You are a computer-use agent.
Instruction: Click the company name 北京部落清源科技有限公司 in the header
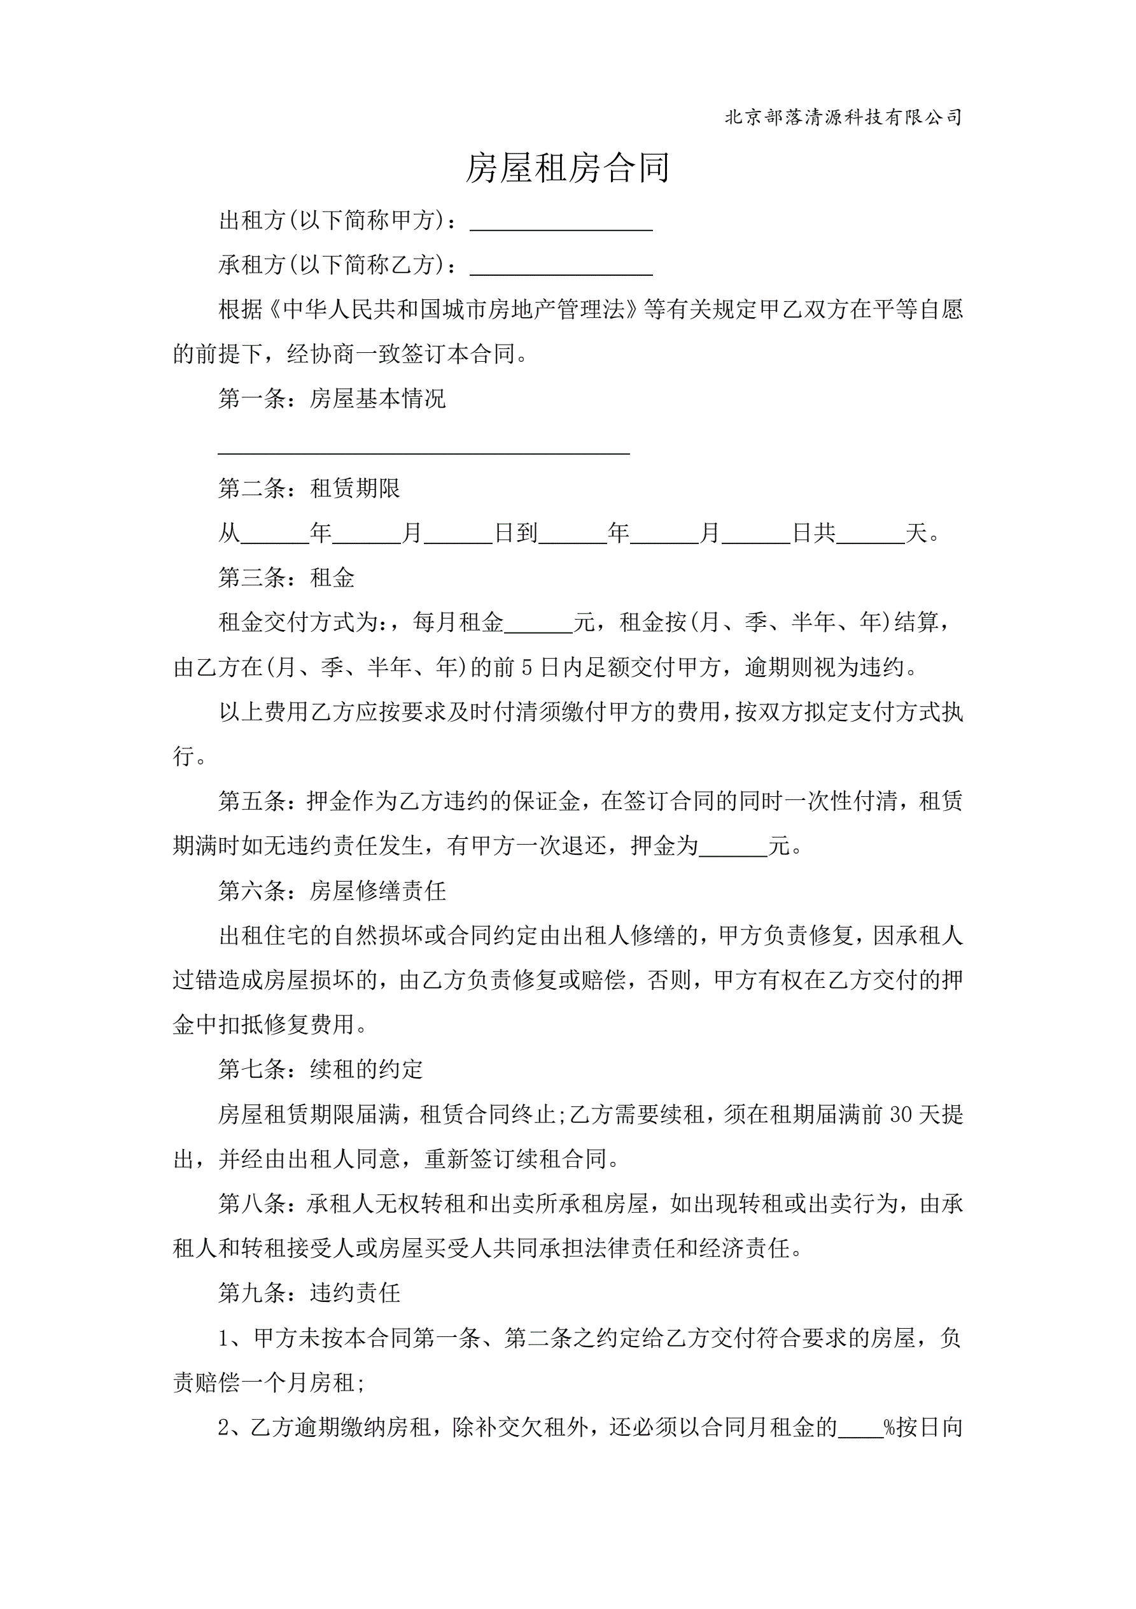(843, 117)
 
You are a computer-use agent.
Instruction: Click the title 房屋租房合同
(567, 168)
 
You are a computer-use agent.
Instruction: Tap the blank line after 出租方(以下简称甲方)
(561, 223)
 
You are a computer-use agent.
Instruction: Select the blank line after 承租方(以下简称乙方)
(561, 267)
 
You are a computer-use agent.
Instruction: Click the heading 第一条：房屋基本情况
(332, 399)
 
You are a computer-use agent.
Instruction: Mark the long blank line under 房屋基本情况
(424, 448)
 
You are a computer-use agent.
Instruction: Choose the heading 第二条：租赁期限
(309, 488)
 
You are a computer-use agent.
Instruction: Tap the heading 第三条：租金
(286, 578)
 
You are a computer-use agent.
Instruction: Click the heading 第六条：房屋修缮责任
(332, 890)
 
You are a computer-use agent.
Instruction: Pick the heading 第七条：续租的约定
(321, 1069)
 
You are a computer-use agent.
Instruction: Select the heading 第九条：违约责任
(309, 1293)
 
